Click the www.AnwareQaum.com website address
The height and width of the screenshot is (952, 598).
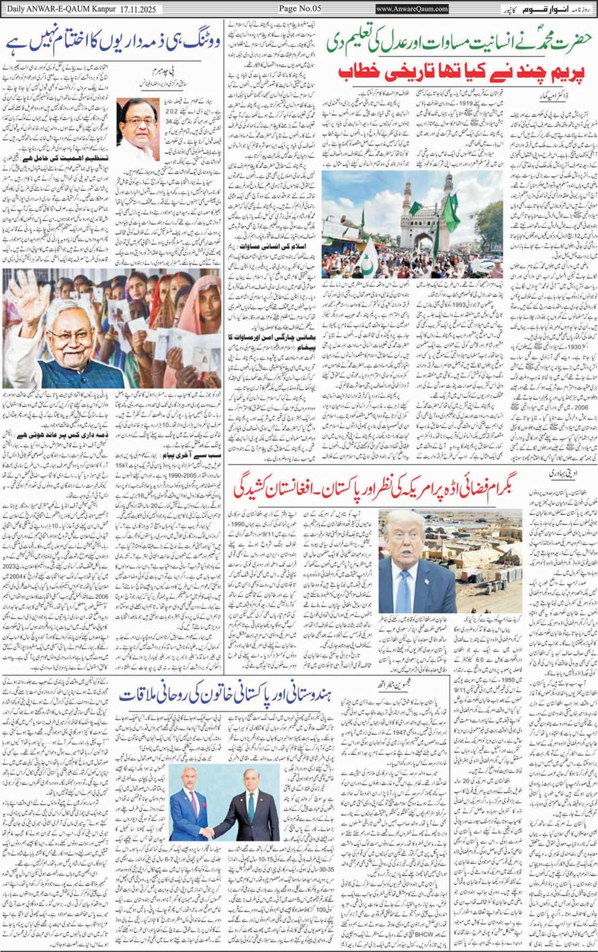pos(412,9)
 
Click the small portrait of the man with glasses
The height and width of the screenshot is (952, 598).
pos(138,130)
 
